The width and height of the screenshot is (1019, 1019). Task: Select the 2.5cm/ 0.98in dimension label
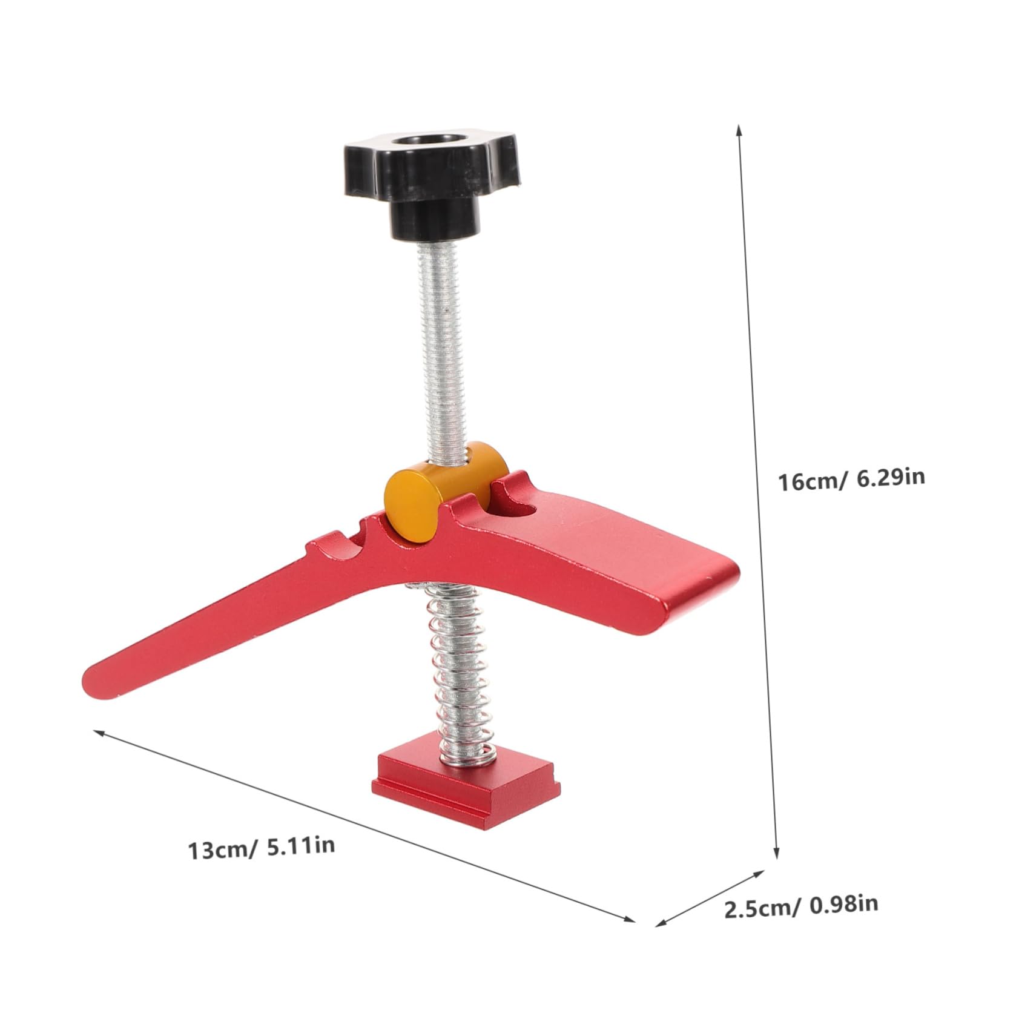(x=800, y=923)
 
